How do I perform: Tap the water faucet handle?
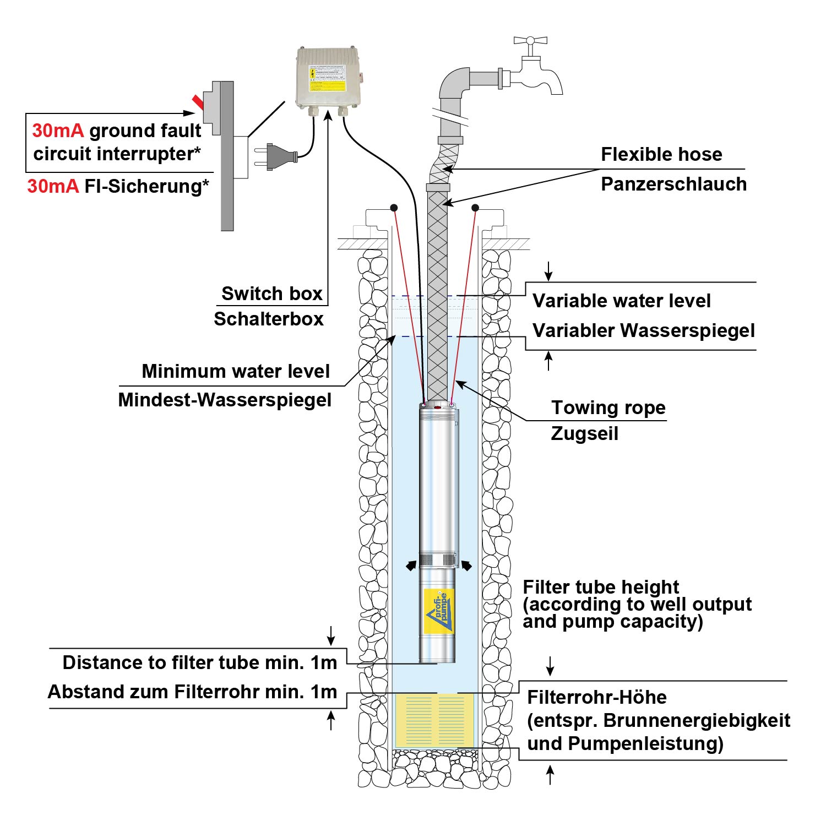coord(530,41)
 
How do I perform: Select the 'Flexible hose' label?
coord(661,154)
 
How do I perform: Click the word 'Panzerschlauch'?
coord(673,184)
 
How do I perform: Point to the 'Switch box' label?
coord(271,294)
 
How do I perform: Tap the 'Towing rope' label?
coord(608,408)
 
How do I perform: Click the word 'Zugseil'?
coord(584,433)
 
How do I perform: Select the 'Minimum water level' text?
coord(236,371)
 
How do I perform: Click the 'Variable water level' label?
coord(621,301)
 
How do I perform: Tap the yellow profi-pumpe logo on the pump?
coord(439,610)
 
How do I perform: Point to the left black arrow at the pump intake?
coord(411,566)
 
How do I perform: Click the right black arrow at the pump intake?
coord(466,565)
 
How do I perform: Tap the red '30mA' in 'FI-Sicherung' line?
coord(53,187)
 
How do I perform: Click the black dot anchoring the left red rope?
coord(394,208)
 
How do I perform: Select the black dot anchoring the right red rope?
coord(475,208)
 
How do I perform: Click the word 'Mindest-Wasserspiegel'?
coord(225,400)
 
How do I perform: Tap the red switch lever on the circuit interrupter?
coord(198,101)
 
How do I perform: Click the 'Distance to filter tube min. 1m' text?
coord(199,662)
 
